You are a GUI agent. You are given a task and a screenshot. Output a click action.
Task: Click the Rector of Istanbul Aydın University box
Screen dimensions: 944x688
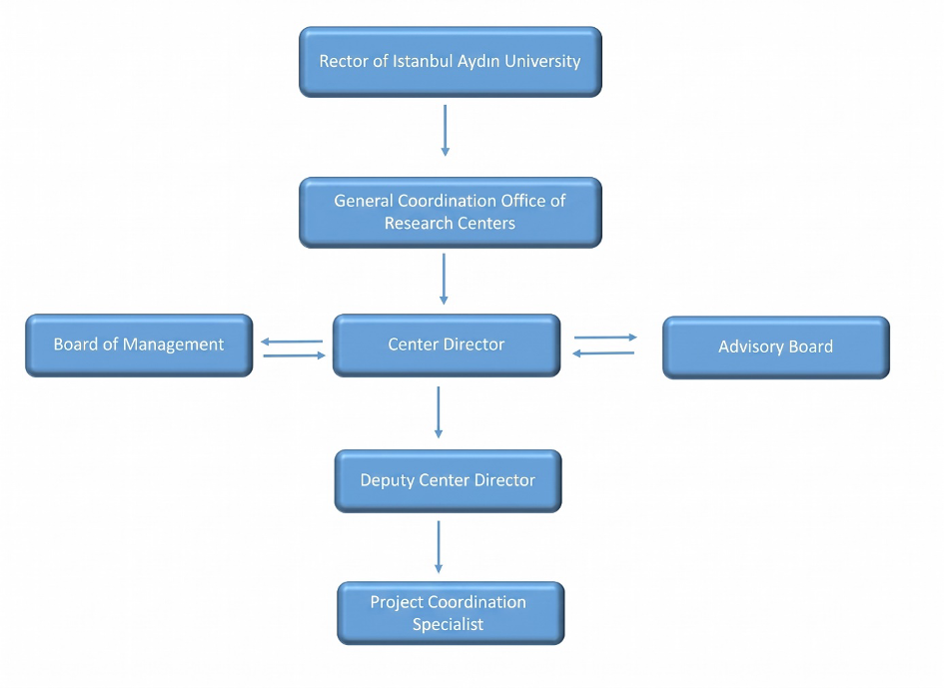(x=451, y=61)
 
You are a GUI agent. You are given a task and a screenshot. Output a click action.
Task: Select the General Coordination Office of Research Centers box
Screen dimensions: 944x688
(x=451, y=212)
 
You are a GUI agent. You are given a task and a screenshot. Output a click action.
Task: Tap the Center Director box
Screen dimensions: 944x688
(x=447, y=344)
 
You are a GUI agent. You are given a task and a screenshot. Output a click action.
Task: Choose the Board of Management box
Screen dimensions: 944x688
(x=139, y=344)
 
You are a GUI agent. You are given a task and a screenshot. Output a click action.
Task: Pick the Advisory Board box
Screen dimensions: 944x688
(x=776, y=347)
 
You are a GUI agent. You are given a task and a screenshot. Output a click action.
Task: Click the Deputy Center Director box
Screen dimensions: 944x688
(x=448, y=481)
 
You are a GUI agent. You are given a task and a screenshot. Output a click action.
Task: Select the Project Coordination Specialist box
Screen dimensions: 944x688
(x=451, y=613)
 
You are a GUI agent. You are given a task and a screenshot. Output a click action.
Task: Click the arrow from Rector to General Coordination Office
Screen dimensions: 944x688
(x=445, y=131)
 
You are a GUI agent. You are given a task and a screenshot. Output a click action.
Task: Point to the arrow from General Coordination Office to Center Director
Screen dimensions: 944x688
(x=444, y=279)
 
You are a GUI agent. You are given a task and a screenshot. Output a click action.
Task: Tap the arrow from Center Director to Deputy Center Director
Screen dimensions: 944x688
(x=439, y=412)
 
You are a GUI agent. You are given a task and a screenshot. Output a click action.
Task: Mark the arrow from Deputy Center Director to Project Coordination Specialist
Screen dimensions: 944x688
(x=439, y=546)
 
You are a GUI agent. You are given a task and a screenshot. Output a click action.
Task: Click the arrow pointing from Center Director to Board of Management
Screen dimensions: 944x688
(x=292, y=342)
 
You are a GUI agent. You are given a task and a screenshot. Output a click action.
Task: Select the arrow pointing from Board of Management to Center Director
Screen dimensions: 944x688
(x=295, y=355)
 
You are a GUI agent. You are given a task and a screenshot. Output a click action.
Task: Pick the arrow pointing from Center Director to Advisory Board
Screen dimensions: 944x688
(x=605, y=338)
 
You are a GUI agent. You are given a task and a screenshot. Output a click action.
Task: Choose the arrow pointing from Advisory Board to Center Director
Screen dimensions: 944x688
(x=603, y=353)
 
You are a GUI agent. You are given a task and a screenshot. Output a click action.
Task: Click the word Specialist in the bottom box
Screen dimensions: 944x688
(x=448, y=625)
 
